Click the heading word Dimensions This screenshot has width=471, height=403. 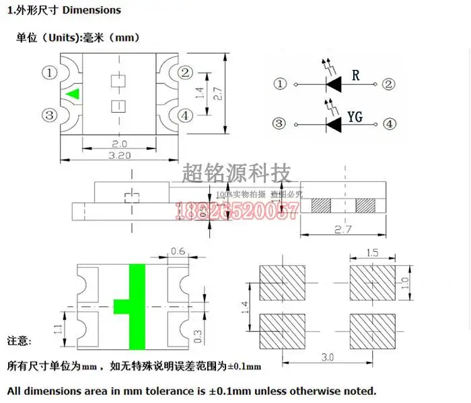pos(92,10)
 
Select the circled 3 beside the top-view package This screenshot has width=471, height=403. pos(48,116)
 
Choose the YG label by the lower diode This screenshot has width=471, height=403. pos(355,117)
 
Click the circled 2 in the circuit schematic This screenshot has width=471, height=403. pos(388,84)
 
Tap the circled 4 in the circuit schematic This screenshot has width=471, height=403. pos(388,124)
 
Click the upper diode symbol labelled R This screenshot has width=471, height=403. pos(334,84)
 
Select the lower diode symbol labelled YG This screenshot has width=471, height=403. pos(334,124)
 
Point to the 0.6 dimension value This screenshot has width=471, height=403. pos(178,252)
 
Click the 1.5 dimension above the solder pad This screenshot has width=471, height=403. pos(372,253)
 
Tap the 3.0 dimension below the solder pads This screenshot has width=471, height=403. pos(327,357)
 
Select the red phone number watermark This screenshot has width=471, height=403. pos(236,212)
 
